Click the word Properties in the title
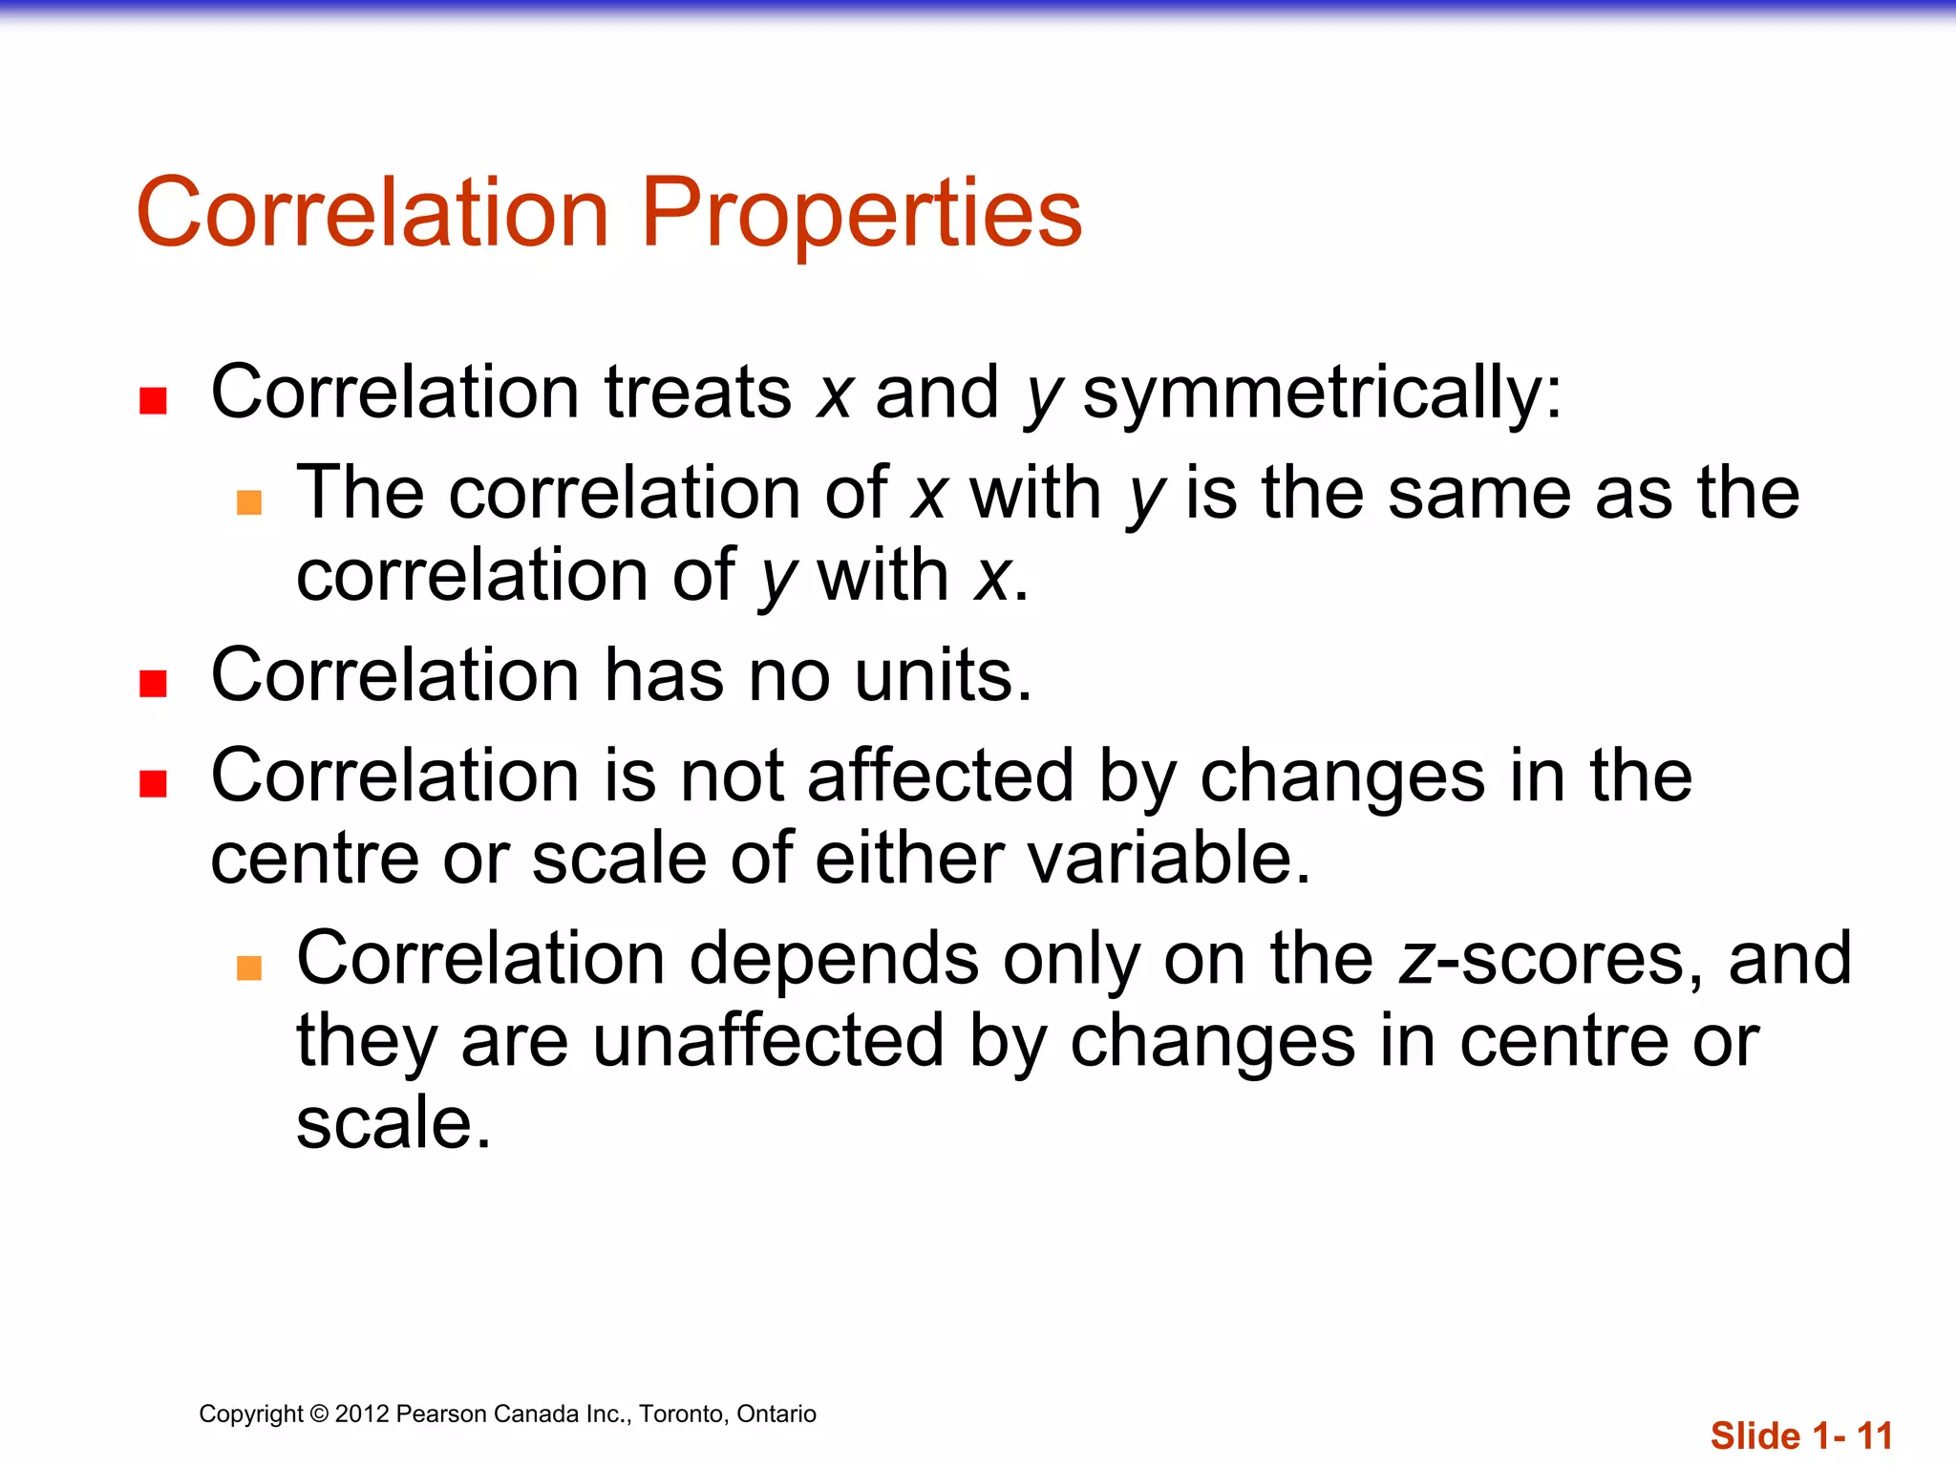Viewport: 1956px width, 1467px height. pos(861,214)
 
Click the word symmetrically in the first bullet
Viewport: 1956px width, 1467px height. pos(1322,393)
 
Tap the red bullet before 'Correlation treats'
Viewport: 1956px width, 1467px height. pos(153,400)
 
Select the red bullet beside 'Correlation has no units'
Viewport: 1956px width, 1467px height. pos(153,684)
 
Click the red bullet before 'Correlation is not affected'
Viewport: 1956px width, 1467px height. pos(153,783)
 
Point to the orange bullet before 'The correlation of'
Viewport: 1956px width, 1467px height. pos(249,502)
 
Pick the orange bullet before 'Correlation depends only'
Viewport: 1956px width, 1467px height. pos(249,967)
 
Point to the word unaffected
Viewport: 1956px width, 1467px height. pos(768,1040)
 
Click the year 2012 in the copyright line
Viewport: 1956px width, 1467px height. pos(362,1414)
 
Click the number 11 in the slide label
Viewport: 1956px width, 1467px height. pos(1874,1436)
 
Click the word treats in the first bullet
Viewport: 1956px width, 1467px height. pos(698,393)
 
